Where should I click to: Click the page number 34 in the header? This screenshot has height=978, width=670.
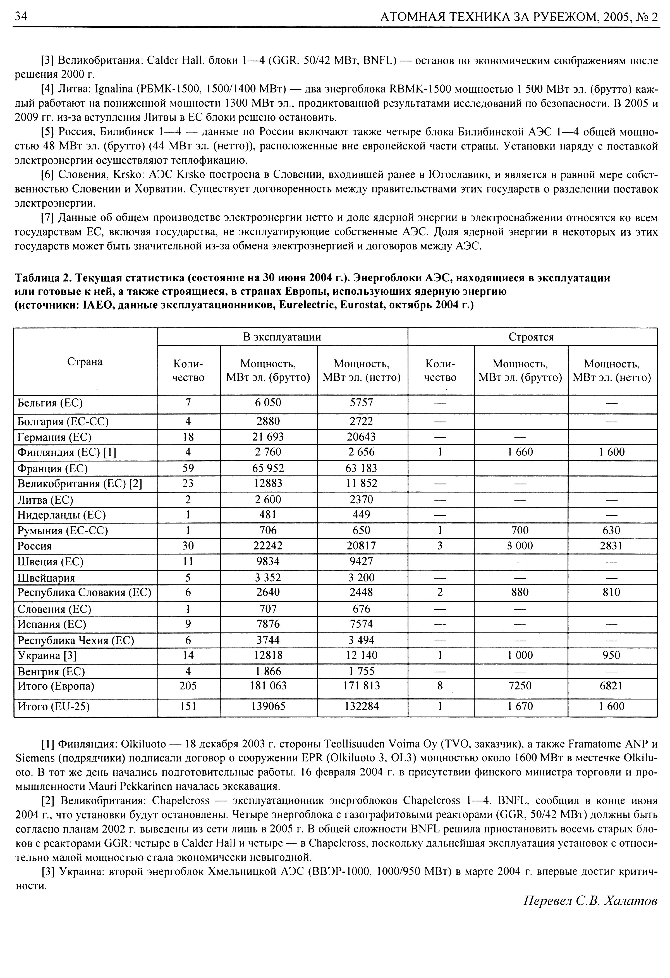(21, 16)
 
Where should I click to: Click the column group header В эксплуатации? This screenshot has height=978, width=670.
(282, 337)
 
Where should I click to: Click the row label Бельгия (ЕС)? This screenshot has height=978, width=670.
(50, 403)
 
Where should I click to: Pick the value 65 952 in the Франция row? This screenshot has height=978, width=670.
(268, 468)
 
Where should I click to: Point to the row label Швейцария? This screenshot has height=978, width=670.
(46, 578)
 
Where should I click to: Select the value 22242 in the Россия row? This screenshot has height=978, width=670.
(268, 546)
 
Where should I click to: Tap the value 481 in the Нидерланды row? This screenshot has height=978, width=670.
(268, 515)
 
